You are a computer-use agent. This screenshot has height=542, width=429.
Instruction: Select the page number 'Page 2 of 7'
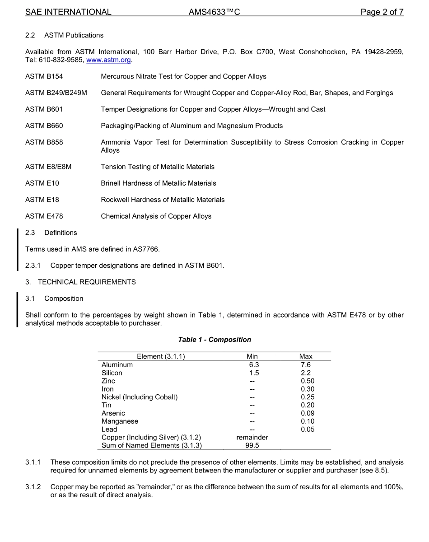[382, 12]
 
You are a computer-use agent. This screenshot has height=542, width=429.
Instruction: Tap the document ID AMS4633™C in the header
[214, 12]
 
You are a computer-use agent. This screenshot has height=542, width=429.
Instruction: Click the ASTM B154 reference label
[44, 76]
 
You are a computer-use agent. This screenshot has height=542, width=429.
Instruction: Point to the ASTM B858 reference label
[44, 142]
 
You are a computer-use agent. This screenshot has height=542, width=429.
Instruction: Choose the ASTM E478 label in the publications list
[44, 216]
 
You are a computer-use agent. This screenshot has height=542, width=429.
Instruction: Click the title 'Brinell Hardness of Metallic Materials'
[159, 183]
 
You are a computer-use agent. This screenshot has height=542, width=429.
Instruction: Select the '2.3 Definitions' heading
[51, 233]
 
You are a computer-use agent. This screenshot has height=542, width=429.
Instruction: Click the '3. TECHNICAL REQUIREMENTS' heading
[80, 282]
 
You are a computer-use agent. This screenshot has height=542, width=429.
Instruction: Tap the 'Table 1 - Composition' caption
[214, 340]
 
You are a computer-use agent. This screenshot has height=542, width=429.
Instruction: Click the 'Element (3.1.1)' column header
[161, 356]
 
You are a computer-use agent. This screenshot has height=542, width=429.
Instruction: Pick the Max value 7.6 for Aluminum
[306, 365]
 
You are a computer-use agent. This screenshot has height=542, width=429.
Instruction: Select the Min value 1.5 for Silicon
[254, 373]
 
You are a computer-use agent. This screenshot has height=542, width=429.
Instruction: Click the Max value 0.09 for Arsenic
[308, 413]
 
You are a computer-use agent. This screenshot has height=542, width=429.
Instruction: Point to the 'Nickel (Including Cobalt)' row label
[140, 397]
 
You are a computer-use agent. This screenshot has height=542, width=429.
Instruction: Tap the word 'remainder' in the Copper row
[252, 438]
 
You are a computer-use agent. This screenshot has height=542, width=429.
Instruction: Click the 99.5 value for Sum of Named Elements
[252, 446]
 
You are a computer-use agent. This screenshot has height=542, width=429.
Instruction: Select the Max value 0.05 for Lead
[308, 430]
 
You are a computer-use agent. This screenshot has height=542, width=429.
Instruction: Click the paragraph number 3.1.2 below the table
[33, 487]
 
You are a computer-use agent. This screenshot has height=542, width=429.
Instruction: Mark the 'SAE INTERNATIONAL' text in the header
[68, 12]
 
